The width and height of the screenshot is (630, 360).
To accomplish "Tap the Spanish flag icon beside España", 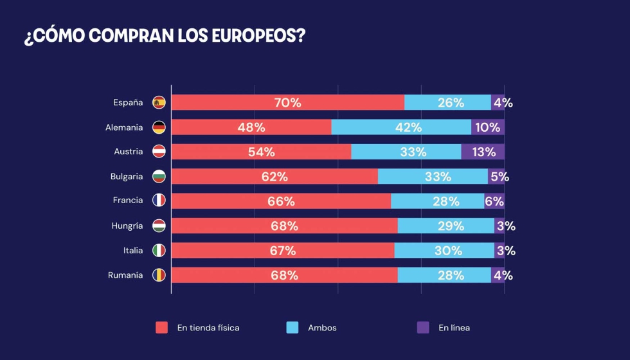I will point(159,102).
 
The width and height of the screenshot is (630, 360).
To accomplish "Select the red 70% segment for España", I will point(287,102).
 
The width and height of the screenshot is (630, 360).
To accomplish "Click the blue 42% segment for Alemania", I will point(401,127).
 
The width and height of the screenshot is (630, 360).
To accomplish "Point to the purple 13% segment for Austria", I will point(483,152).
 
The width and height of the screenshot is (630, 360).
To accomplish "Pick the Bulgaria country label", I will point(127,176).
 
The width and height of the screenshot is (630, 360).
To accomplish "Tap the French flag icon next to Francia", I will point(159,201).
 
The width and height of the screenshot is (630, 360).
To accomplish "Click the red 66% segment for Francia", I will point(281,201).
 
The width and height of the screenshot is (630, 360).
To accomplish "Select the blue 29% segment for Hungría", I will point(446,226).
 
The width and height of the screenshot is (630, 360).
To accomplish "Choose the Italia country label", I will point(133,250).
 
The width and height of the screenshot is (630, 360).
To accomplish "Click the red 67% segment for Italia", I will point(283,251).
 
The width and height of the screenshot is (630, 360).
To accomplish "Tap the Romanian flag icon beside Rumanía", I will point(159,275).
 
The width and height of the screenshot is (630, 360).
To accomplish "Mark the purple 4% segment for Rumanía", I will point(498,275).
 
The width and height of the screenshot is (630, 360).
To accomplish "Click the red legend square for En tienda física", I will point(162,328).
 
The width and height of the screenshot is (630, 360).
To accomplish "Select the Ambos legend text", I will point(322,328).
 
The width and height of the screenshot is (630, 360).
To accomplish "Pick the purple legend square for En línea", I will point(423,328).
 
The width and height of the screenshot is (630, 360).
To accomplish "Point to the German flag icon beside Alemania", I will point(159,127).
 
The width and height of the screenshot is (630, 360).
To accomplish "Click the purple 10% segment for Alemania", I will point(488,127).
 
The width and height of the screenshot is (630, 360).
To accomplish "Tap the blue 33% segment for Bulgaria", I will point(433,177).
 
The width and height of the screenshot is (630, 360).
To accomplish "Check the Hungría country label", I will point(127,226).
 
